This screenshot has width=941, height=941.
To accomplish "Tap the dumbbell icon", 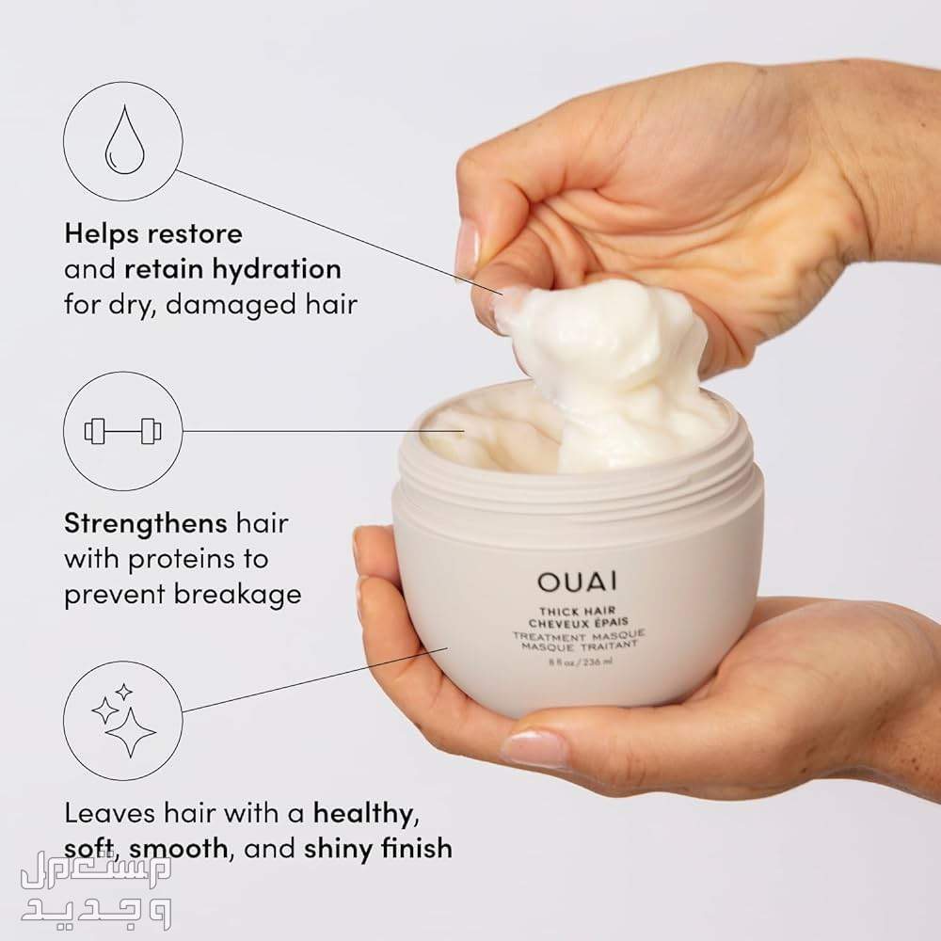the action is [123, 431].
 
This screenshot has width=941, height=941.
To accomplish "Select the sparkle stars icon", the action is [123, 720].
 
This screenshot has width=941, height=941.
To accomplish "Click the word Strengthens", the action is [146, 523].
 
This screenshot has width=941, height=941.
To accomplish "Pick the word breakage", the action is [238, 594].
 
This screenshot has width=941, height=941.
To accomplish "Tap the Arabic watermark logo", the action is [96, 889].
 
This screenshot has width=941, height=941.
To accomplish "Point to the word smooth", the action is [178, 848].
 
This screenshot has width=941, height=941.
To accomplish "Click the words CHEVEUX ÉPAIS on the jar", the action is [578, 623].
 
